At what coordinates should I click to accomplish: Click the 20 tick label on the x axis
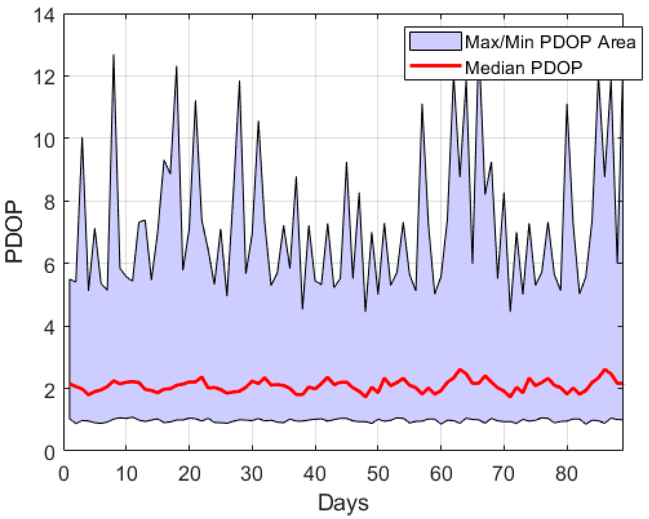pos(189,474)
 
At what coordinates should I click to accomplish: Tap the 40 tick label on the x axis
pos(315,474)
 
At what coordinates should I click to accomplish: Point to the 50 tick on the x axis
pos(378,474)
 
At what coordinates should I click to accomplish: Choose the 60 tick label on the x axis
pos(441,474)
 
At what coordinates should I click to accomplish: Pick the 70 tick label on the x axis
pos(504,474)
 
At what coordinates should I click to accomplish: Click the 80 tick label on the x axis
pos(567,474)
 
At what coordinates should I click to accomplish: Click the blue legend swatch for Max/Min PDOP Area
pos(435,41)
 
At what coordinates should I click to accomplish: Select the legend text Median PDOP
pos(524,68)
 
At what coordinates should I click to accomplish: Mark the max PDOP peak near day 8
pos(114,55)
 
